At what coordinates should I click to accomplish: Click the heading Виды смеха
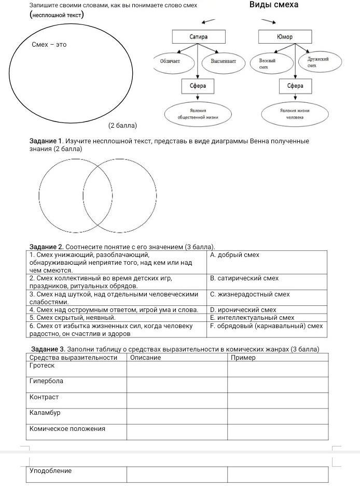tap(273, 5)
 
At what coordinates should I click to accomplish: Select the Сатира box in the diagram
tap(199, 37)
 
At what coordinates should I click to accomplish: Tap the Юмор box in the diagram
tap(285, 37)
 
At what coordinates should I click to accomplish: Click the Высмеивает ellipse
tap(223, 62)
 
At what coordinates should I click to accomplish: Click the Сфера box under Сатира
tap(198, 86)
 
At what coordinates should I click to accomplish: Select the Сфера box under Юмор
tap(295, 86)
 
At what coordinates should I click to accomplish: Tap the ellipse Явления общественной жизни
tap(198, 114)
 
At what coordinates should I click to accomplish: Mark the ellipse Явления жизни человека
tap(295, 114)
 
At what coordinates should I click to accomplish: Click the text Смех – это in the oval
tap(49, 45)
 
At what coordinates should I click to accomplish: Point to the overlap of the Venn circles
tap(98, 195)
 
